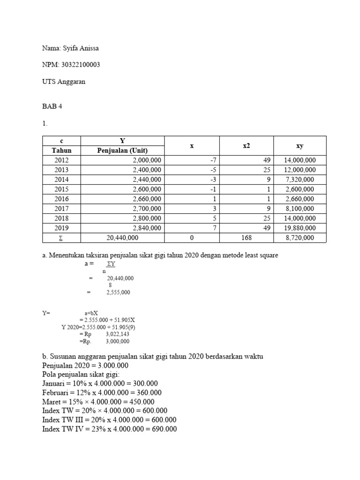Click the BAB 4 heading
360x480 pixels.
(52, 106)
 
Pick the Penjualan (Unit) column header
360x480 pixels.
(122, 150)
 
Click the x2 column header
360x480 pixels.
(247, 146)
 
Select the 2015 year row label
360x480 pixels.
(61, 189)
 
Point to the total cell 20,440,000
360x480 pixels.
(122, 238)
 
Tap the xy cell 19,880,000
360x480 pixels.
(300, 228)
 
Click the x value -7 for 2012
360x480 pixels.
(213, 160)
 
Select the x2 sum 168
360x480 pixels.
(247, 238)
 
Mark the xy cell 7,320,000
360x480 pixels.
(300, 180)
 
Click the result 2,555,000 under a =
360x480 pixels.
(119, 292)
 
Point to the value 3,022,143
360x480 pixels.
(118, 334)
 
